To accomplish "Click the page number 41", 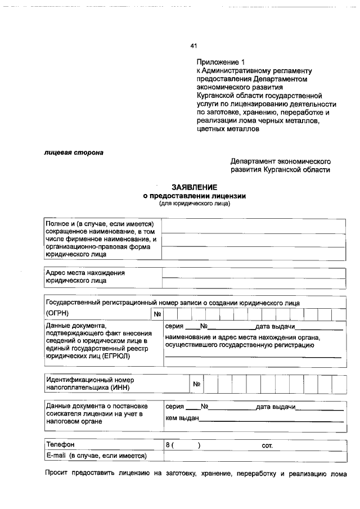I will (194, 46).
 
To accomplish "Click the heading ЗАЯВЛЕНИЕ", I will (194, 187).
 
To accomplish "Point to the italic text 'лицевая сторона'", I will (74, 152).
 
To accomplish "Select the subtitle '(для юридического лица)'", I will (194, 204).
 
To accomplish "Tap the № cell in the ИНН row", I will (197, 385).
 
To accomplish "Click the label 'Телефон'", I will (60, 445).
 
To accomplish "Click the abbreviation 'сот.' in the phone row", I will (267, 445).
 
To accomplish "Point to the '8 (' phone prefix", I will (169, 445).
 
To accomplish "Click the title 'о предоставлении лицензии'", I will (194, 196).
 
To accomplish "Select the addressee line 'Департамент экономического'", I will (280, 161).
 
